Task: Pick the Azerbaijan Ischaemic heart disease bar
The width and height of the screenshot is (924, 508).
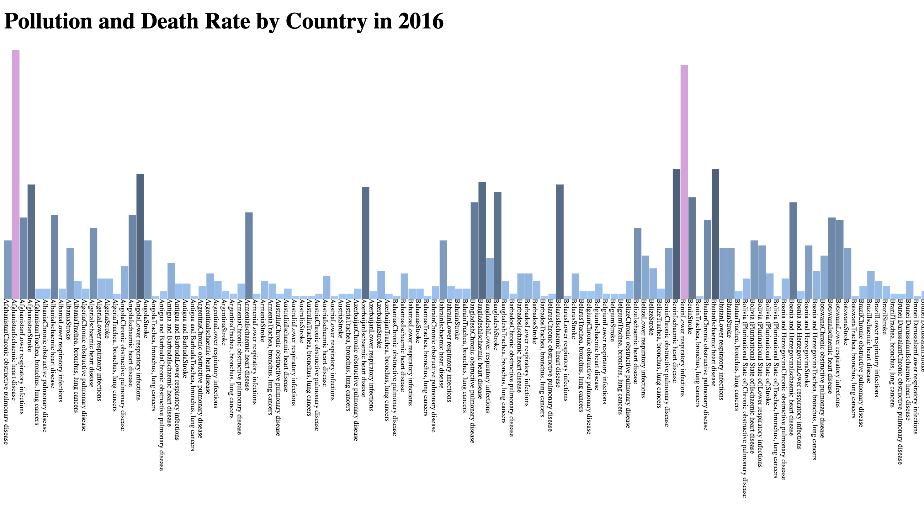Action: click(365, 242)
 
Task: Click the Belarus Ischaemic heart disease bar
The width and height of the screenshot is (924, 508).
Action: click(559, 241)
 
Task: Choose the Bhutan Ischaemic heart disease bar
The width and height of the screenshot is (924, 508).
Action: click(715, 233)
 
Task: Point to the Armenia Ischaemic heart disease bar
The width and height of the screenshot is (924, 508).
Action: click(249, 255)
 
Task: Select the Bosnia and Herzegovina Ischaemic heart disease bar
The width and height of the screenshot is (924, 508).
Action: click(793, 250)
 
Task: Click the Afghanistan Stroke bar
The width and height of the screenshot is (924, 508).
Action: click(31, 241)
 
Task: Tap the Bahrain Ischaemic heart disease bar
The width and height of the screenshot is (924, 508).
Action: click(443, 269)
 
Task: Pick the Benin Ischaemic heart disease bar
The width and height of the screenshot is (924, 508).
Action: click(676, 233)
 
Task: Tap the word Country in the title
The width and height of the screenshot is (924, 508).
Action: click(326, 22)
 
